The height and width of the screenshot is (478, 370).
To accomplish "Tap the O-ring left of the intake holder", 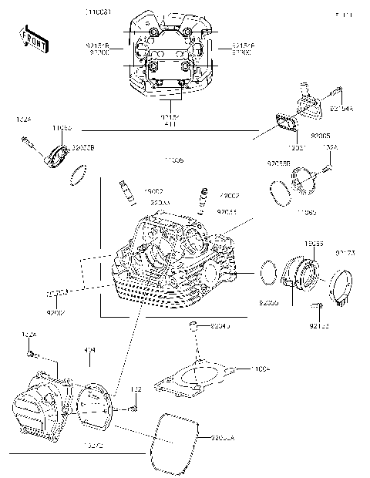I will pyautogui.click(x=267, y=272).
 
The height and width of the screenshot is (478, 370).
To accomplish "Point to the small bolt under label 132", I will pyautogui.click(x=134, y=407).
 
